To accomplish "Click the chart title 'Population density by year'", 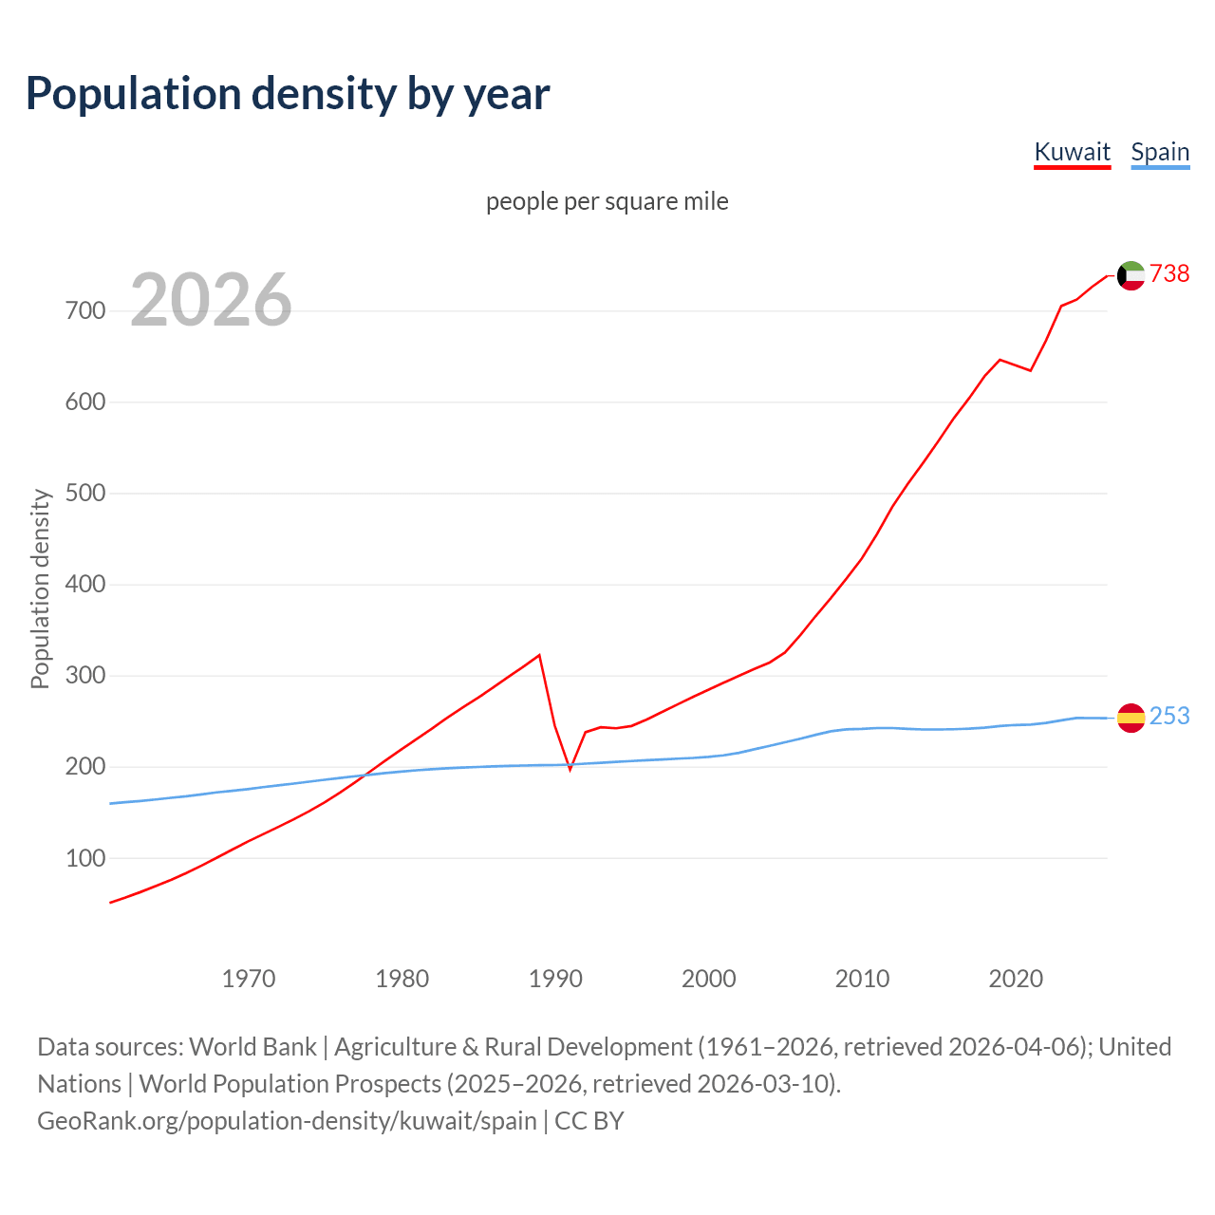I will pyautogui.click(x=288, y=94).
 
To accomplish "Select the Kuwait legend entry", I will pyautogui.click(x=1072, y=152).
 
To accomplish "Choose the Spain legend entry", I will pyautogui.click(x=1160, y=152).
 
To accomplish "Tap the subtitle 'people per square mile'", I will pyautogui.click(x=607, y=201).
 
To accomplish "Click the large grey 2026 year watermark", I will pyautogui.click(x=211, y=300).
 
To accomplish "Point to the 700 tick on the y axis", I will pyautogui.click(x=85, y=311).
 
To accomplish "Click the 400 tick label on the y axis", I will pyautogui.click(x=85, y=585).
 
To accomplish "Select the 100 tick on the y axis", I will pyautogui.click(x=85, y=858).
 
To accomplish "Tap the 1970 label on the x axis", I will pyautogui.click(x=249, y=979).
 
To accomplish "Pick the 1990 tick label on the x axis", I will pyautogui.click(x=555, y=979).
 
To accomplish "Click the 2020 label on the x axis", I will pyautogui.click(x=1016, y=979).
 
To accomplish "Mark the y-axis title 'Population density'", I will pyautogui.click(x=40, y=589).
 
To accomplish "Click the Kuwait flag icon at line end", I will pyautogui.click(x=1131, y=275).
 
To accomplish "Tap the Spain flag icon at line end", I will pyautogui.click(x=1131, y=718).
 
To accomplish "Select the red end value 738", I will pyautogui.click(x=1169, y=274).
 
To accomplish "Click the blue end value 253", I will pyautogui.click(x=1169, y=717).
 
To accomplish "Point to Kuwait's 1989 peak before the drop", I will pyautogui.click(x=539, y=655).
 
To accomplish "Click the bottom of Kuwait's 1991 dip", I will pyautogui.click(x=570, y=769).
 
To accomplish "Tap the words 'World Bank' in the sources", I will pyautogui.click(x=252, y=1047).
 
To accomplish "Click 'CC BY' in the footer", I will pyautogui.click(x=589, y=1121).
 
